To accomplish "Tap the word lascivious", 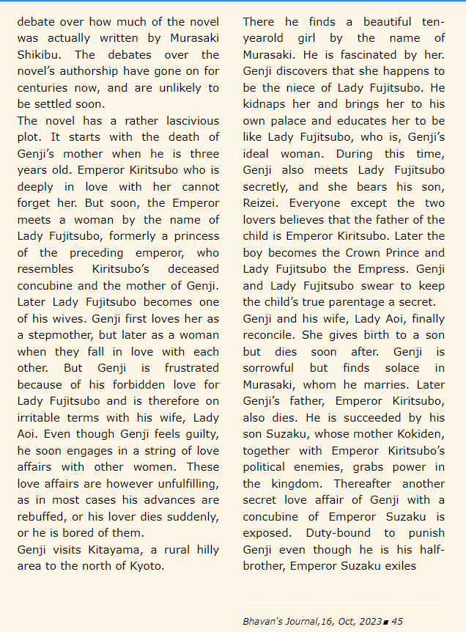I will point(190,121).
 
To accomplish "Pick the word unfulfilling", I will point(180,483).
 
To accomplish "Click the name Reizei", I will point(262,203).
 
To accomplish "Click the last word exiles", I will point(418,566).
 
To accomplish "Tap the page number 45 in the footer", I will point(397,621).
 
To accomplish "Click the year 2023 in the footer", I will point(371,621).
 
